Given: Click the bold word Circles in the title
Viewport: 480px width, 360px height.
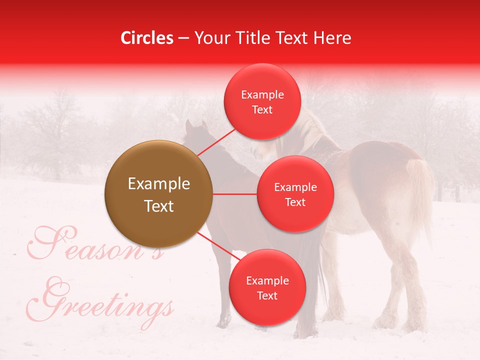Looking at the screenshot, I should point(146,38).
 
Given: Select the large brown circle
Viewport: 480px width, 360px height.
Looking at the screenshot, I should point(158,194).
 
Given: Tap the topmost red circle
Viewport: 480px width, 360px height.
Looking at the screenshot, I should point(262,102).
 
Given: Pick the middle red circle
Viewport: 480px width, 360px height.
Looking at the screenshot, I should point(295,194).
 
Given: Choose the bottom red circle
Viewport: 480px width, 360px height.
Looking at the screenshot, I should point(267,287).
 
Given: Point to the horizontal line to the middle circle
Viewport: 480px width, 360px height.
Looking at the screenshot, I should point(234,194).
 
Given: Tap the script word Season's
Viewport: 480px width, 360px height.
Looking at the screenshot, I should point(95,245).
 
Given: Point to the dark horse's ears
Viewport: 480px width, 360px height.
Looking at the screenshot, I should point(195,125).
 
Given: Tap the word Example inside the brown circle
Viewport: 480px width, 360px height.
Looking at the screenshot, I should point(158,184).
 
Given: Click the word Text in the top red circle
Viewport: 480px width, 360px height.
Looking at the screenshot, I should point(262,110).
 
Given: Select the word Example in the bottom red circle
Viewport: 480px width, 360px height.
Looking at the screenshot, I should point(267,280).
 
